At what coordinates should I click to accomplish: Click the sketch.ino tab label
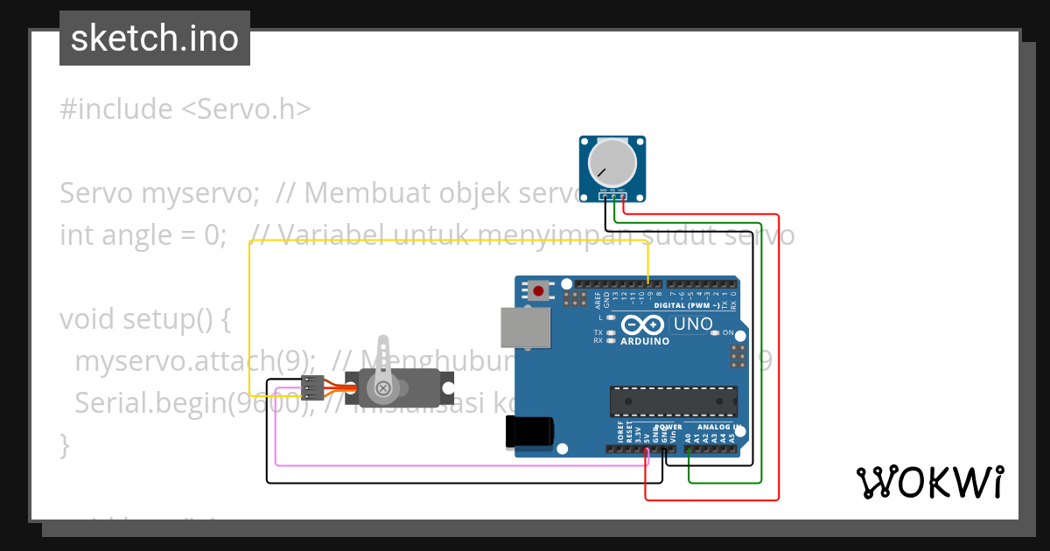click(x=154, y=38)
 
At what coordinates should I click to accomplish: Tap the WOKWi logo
click(x=929, y=482)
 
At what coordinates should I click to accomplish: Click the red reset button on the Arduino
click(x=538, y=290)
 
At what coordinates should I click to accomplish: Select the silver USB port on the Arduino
click(x=526, y=327)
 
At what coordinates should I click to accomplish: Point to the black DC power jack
click(x=529, y=431)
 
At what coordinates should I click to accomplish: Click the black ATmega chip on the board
click(x=673, y=400)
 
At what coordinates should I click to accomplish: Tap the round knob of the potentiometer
click(x=612, y=164)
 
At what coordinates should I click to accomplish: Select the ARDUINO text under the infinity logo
click(x=644, y=341)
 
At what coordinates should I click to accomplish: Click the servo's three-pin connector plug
click(x=312, y=387)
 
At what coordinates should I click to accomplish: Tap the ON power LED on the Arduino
click(x=716, y=332)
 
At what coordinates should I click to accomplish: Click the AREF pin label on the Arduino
click(x=598, y=300)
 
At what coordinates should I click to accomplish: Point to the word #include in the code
click(x=116, y=109)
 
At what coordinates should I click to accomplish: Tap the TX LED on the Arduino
click(x=611, y=333)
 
